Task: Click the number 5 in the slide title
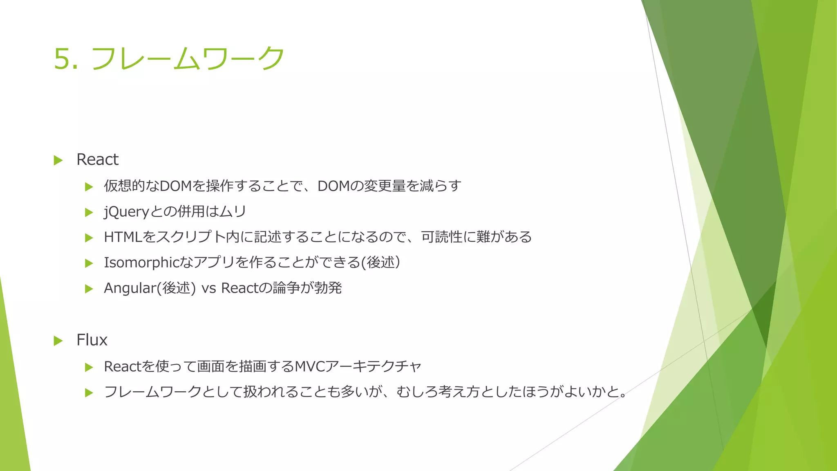(x=61, y=58)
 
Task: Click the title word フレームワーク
(x=188, y=58)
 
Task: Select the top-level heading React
(x=97, y=159)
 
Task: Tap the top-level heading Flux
(x=92, y=340)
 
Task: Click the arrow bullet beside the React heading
(x=58, y=160)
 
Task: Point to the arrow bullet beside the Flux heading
(x=58, y=341)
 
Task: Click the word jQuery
(x=127, y=212)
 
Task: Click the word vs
(x=208, y=288)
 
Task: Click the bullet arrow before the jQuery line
(x=89, y=213)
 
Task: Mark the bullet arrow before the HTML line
(x=89, y=238)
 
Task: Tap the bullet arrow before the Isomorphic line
(x=89, y=263)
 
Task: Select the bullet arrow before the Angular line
(x=89, y=289)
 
